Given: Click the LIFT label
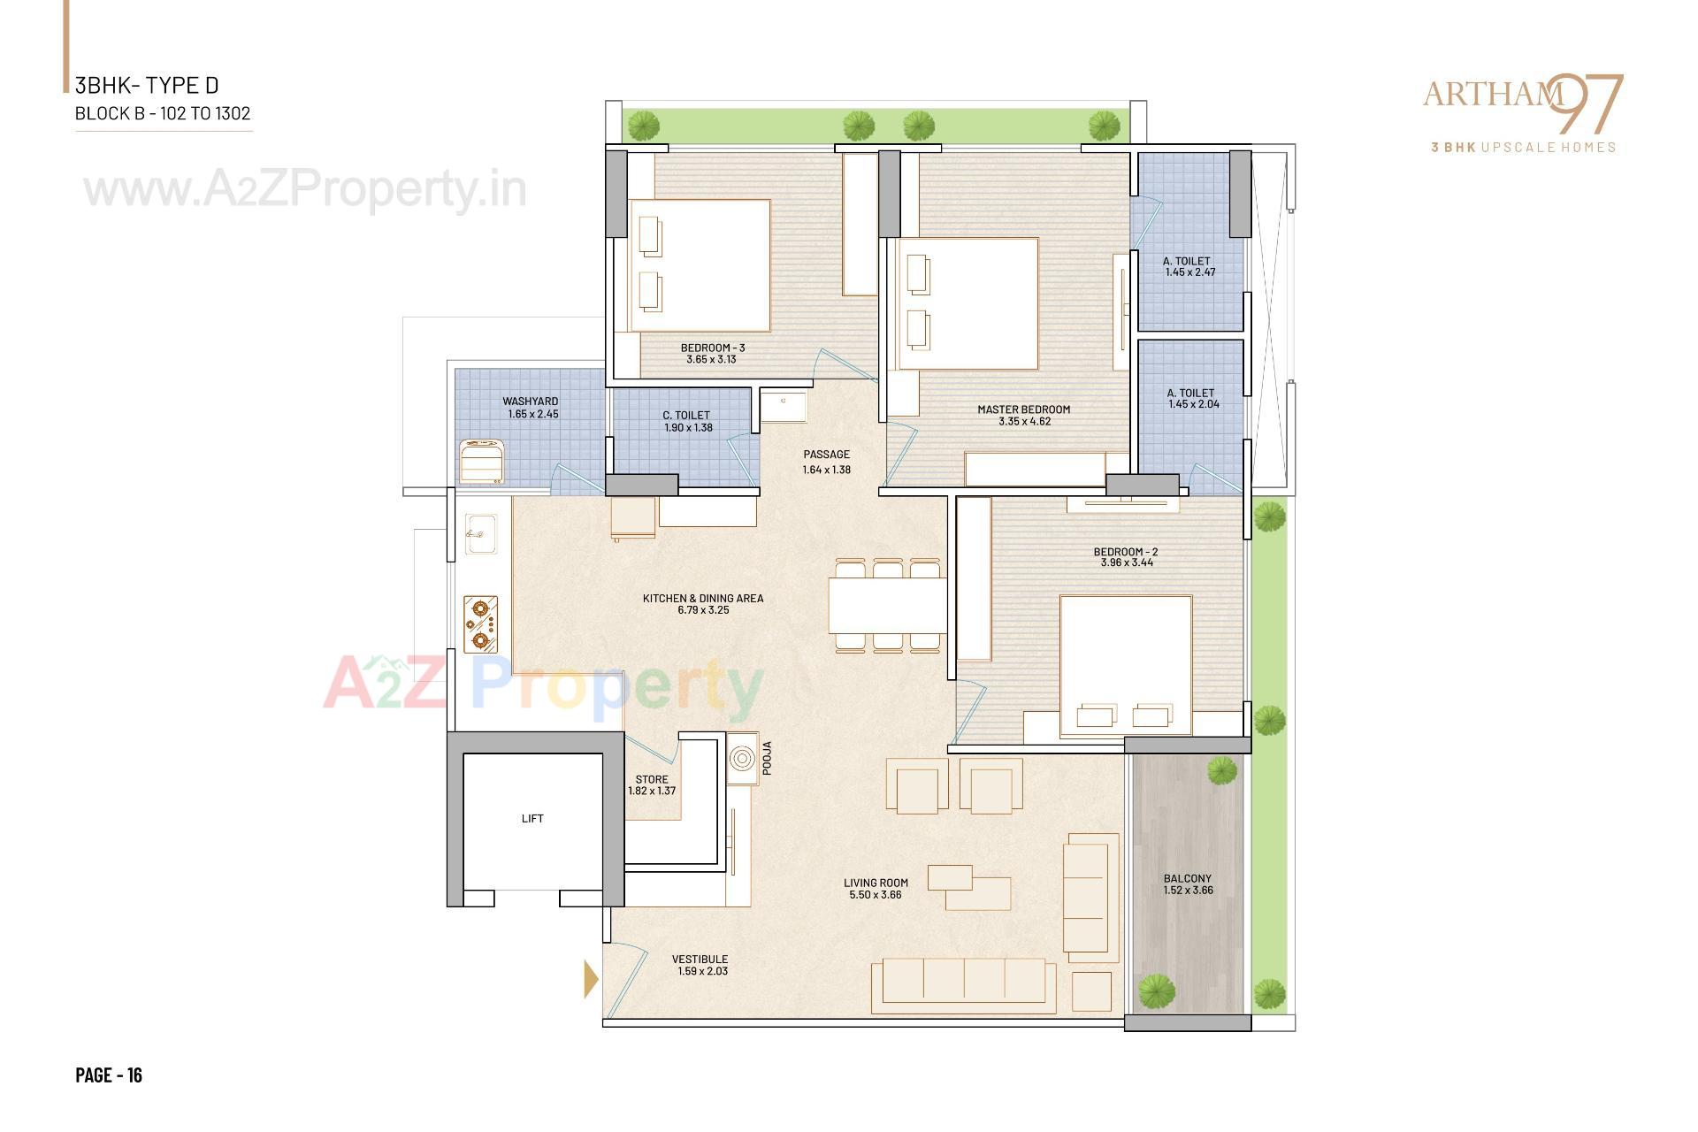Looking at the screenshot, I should click(x=532, y=819).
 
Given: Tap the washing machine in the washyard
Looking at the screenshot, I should click(x=482, y=461).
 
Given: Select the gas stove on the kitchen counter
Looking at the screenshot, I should click(x=481, y=624).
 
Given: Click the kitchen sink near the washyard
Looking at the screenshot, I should click(x=480, y=533).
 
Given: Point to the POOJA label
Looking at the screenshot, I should click(x=767, y=758).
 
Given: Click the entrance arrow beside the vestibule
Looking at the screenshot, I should click(x=591, y=980).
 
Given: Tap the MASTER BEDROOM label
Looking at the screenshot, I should click(x=1023, y=409).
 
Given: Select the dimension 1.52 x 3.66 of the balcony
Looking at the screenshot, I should click(x=1188, y=891).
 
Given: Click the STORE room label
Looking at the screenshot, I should click(x=652, y=780).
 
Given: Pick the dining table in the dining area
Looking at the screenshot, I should click(x=887, y=605).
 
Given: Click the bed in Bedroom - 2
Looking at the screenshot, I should click(x=1126, y=665).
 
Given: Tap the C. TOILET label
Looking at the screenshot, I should click(x=686, y=416).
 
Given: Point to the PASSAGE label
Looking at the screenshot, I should click(x=827, y=455).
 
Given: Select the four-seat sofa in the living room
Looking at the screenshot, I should click(x=964, y=986).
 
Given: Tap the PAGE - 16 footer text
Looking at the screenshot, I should click(x=109, y=1075).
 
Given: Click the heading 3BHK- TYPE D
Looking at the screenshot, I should click(x=147, y=86).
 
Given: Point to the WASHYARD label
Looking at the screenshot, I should click(x=531, y=402).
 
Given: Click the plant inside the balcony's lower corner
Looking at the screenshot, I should click(x=1155, y=990).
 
